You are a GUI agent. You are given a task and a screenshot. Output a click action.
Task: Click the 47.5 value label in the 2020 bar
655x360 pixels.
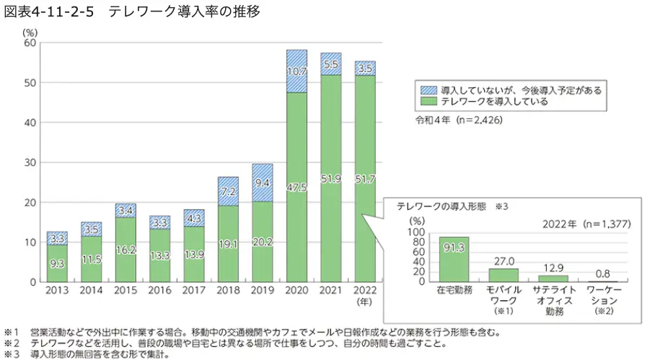(296, 188)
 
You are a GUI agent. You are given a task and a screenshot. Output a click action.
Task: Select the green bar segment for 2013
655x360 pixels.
(57, 263)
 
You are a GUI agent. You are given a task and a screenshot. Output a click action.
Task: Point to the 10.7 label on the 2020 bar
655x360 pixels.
(296, 71)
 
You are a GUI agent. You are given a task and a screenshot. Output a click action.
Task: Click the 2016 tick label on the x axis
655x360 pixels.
(159, 290)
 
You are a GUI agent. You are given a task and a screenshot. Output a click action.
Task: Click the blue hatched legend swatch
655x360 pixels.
(428, 91)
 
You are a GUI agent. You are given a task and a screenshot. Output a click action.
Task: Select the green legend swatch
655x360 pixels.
(428, 102)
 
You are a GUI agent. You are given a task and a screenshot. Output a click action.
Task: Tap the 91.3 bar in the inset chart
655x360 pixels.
(454, 259)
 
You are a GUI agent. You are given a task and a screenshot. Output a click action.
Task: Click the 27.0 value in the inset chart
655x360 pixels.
(504, 262)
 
